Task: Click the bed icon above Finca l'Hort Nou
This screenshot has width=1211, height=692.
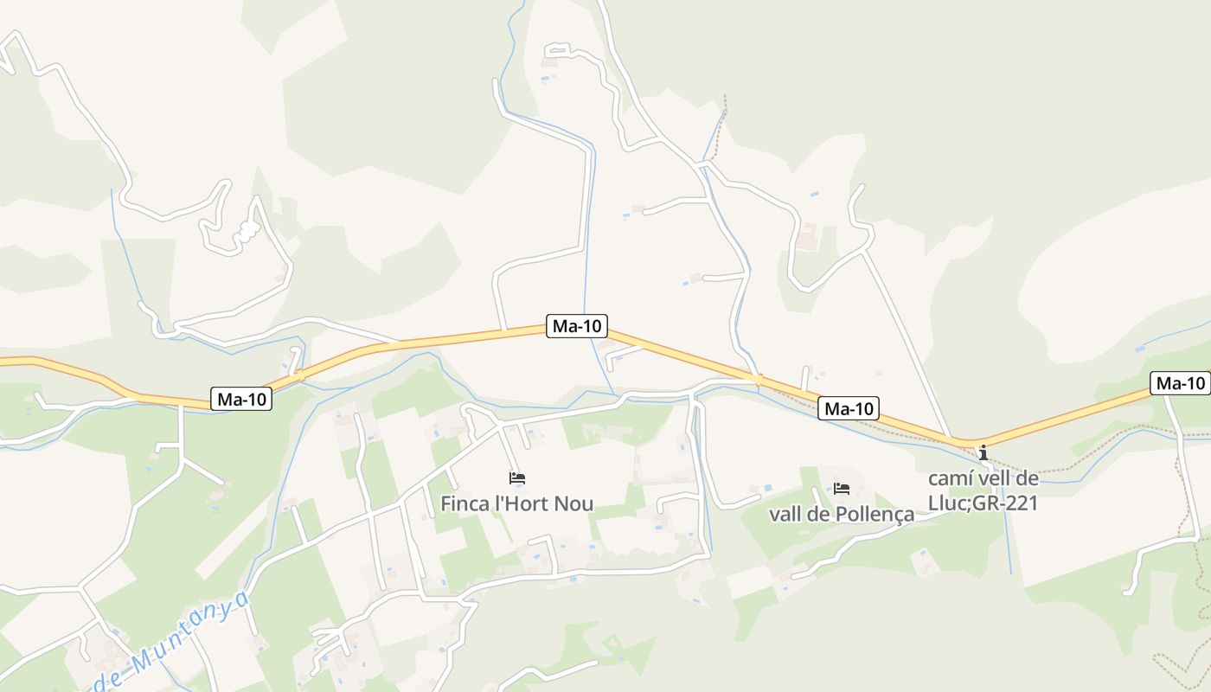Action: [x=517, y=477]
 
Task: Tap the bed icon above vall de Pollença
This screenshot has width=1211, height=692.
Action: [x=842, y=489]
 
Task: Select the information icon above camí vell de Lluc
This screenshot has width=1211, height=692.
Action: [x=983, y=452]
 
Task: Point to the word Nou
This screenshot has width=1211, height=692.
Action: [x=577, y=503]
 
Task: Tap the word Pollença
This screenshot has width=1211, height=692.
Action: [x=876, y=515]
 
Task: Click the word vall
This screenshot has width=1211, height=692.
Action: [x=785, y=515]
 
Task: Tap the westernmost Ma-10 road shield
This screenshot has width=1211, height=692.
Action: [x=241, y=399]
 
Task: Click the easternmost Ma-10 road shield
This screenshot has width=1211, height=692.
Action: [x=1180, y=383]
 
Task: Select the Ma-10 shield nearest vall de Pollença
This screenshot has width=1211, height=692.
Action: [x=849, y=408]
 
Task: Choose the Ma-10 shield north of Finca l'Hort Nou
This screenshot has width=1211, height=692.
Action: [x=577, y=326]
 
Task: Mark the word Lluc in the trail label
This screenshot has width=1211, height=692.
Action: [x=949, y=503]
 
